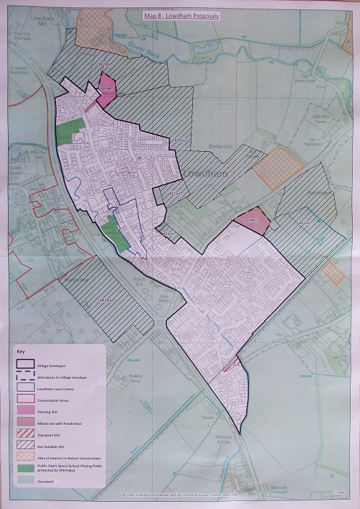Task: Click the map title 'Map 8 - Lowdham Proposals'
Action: [x=180, y=14]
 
